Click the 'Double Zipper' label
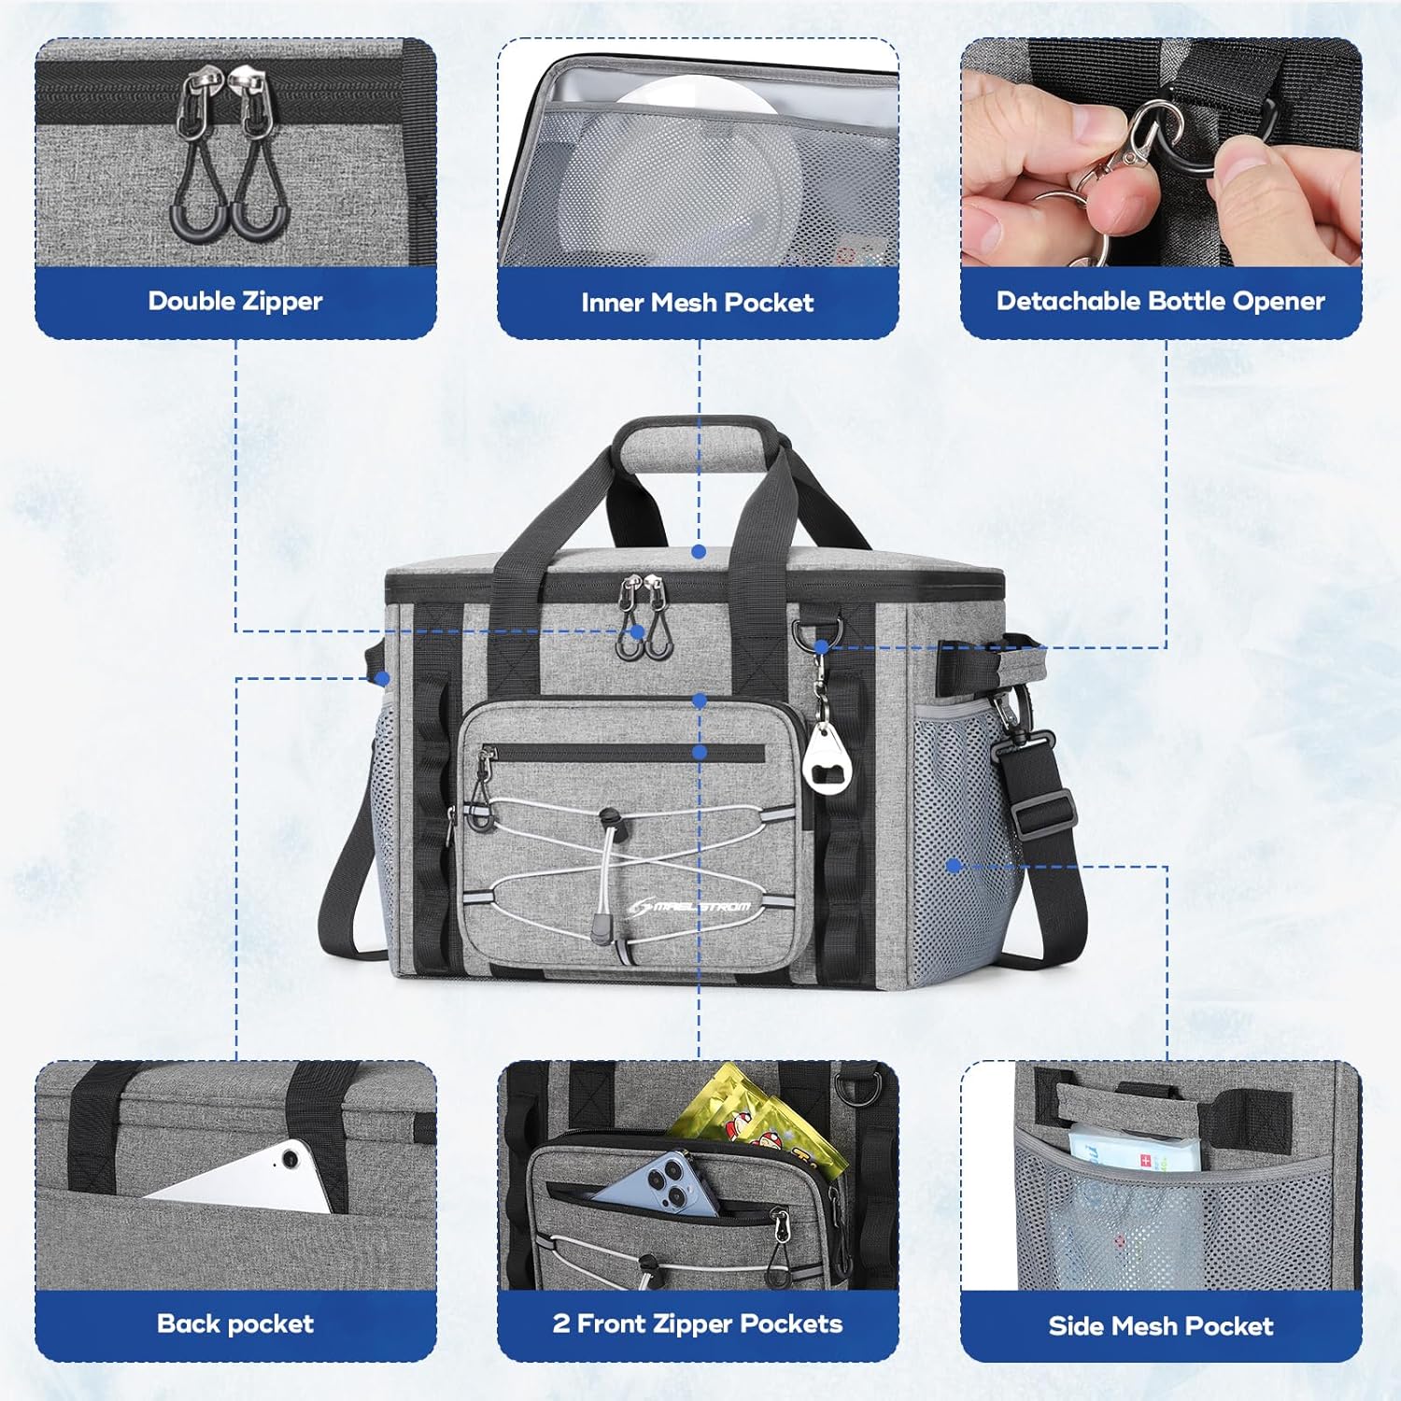[x=235, y=301]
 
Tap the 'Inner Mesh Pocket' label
[x=697, y=303]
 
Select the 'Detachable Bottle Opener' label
[x=1160, y=301]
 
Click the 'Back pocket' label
[x=235, y=1323]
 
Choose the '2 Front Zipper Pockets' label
[x=697, y=1323]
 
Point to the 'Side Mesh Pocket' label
[x=1160, y=1325]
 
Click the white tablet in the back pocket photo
[x=252, y=1177]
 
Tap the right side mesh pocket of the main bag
[x=957, y=841]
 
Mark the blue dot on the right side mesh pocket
[x=954, y=866]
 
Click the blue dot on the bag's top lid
[x=699, y=552]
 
